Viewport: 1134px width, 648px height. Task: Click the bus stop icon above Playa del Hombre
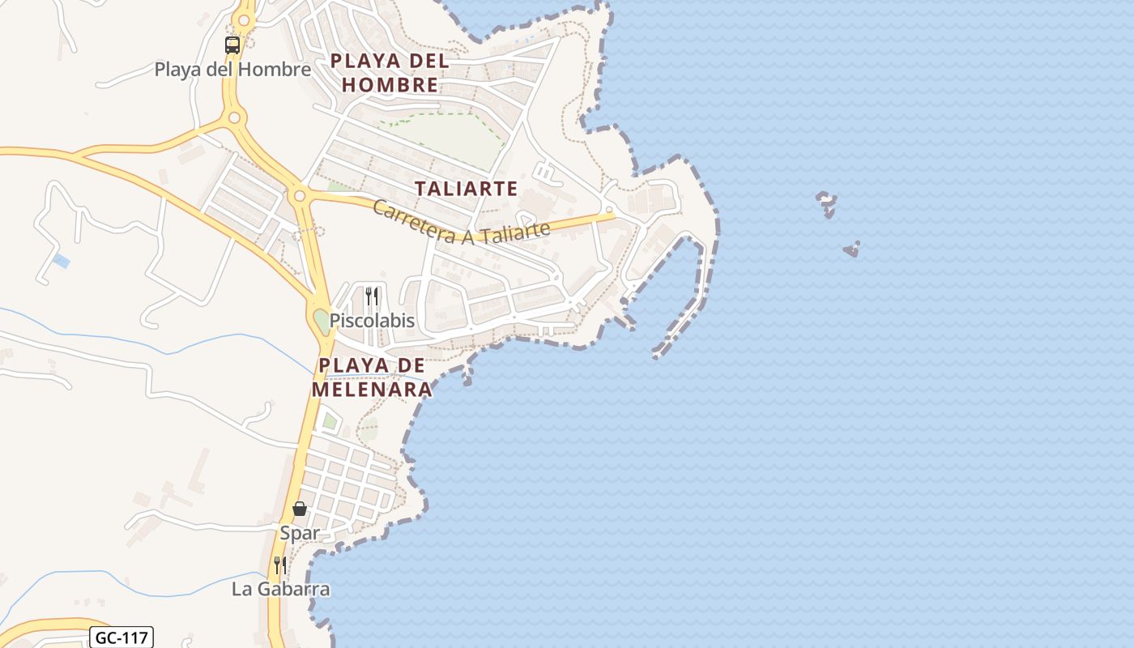pos(232,45)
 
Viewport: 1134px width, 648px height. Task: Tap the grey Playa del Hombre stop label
pos(232,70)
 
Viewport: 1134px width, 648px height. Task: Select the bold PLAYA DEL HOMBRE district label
pos(390,73)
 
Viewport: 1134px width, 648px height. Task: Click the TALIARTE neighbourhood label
pos(466,189)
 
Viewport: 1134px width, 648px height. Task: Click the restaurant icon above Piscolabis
pos(371,296)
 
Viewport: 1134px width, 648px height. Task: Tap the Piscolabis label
pos(372,321)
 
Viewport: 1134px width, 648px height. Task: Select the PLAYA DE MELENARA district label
pos(372,377)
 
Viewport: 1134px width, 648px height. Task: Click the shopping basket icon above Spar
pos(300,509)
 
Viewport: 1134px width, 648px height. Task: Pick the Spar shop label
pos(300,533)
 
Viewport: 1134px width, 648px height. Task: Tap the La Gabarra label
pos(281,589)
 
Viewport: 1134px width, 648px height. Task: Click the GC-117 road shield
pos(121,637)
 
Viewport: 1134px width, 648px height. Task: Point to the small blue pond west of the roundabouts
pos(61,261)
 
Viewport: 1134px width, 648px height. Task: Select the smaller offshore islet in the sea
pos(851,249)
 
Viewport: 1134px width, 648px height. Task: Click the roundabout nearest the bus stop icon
pos(235,118)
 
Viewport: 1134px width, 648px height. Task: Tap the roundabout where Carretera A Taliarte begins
pos(300,195)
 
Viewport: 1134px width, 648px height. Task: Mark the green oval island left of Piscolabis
pos(322,321)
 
